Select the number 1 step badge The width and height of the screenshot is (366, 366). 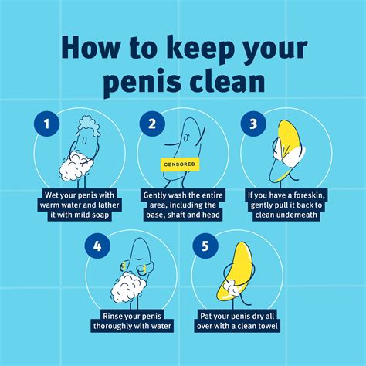click(x=45, y=124)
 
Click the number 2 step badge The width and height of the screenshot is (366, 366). click(x=152, y=124)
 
